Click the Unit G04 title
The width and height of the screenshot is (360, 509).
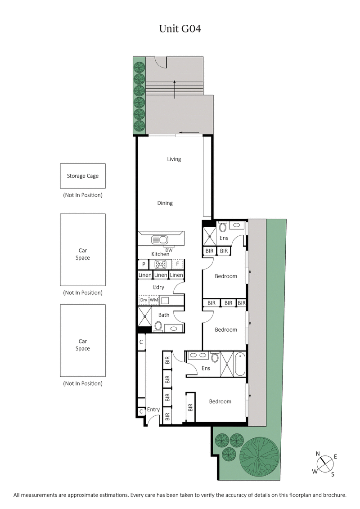point(180,29)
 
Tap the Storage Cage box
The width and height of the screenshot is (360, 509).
point(83,176)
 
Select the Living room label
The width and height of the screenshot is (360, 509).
point(174,159)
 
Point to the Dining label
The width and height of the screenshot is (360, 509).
point(165,203)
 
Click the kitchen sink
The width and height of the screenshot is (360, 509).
point(160,239)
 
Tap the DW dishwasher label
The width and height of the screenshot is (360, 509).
point(169,250)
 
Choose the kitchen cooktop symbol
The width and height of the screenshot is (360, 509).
point(160,264)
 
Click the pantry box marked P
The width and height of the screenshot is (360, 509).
point(143,264)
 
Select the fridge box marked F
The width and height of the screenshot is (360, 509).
point(178,264)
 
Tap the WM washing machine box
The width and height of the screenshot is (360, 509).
point(154,300)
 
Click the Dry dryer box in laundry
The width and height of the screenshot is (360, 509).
point(144,300)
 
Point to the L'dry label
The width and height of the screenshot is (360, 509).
point(158,287)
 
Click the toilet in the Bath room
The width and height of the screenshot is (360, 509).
point(158,326)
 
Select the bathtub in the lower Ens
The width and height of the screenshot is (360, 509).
point(240,364)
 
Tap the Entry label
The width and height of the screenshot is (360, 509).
point(153,410)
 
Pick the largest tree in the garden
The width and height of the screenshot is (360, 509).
point(259,455)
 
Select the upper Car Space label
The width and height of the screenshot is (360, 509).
point(83,254)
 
